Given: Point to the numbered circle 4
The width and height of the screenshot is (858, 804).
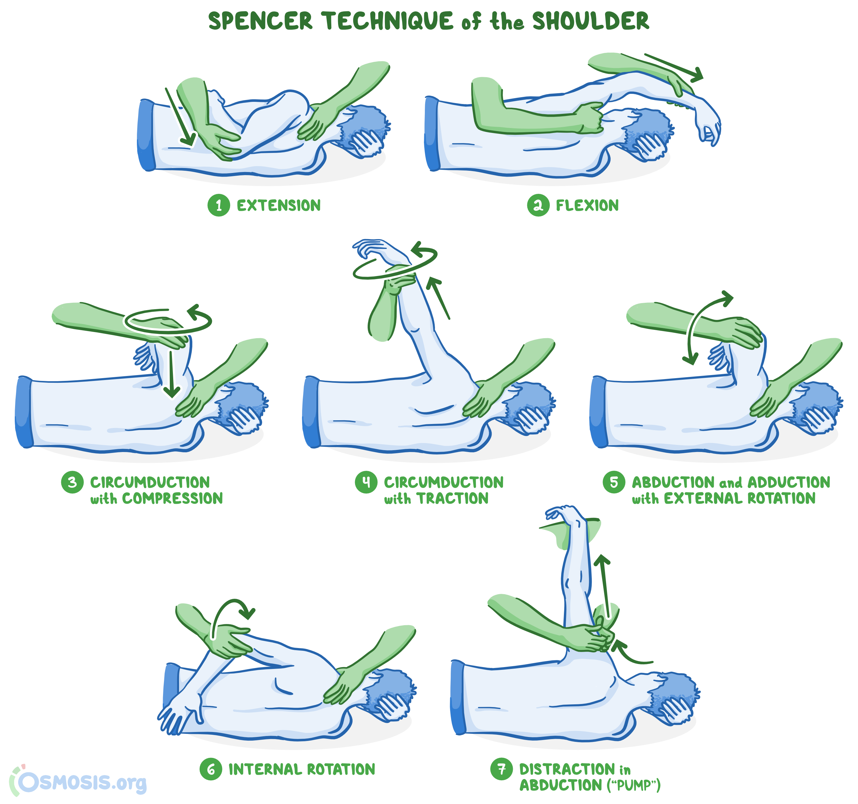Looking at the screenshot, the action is [366, 482].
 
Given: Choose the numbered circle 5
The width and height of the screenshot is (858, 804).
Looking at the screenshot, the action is [614, 482].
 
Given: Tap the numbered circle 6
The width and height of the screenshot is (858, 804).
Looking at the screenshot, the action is [211, 769].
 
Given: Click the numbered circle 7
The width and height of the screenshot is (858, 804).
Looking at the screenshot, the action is [501, 769].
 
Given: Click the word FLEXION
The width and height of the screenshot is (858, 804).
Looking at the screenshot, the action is [587, 206].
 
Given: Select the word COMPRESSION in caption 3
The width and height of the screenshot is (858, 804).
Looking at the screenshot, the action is [173, 498].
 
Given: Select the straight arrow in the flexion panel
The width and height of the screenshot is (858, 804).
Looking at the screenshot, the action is [673, 67].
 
